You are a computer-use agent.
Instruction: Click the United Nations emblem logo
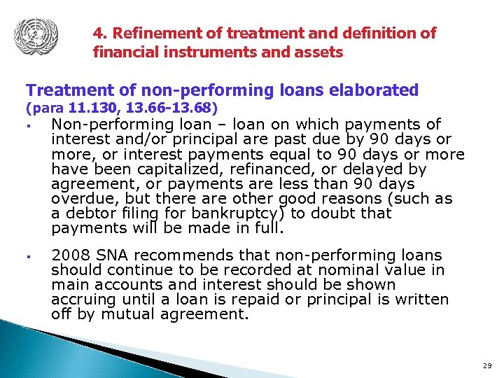click(36, 35)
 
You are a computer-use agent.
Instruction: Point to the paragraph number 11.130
click(93, 108)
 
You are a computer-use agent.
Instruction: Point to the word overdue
click(80, 198)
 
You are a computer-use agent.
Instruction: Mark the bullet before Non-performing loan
click(31, 126)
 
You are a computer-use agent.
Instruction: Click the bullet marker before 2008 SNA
click(31, 256)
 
